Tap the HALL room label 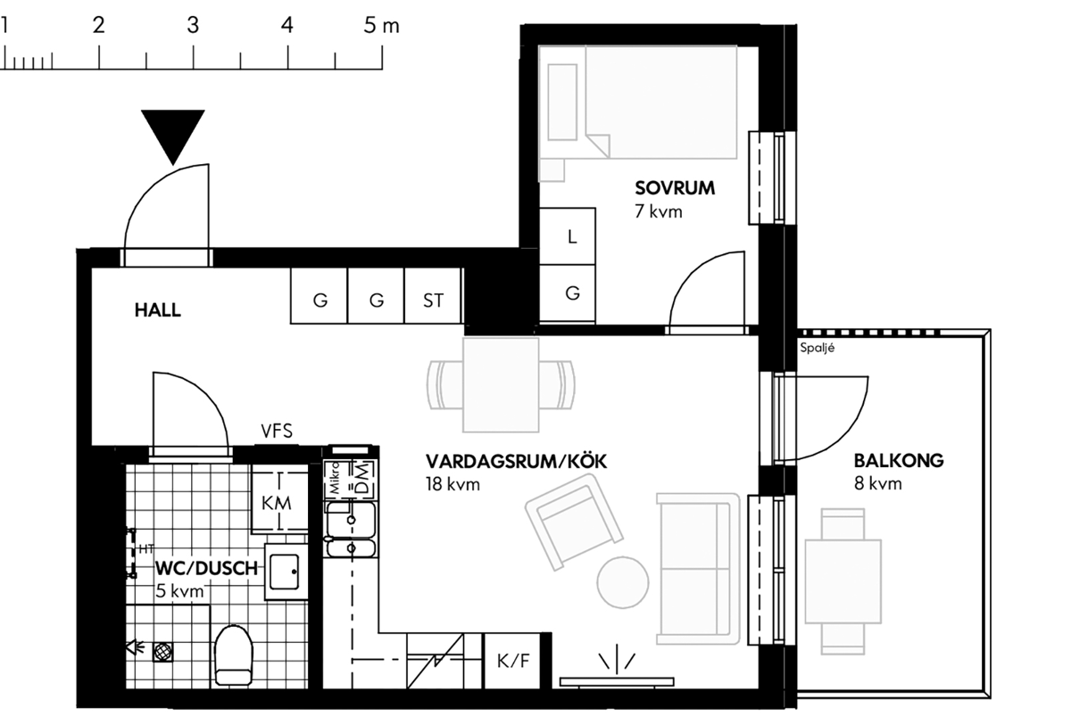[158, 310]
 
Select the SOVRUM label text [675, 188]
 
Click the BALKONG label [899, 461]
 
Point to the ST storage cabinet [433, 296]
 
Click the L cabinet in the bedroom [568, 236]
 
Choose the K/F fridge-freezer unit [512, 661]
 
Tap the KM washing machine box [279, 502]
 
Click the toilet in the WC [234, 655]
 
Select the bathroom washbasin [286, 572]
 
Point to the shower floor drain [163, 652]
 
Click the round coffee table [623, 582]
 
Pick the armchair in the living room [574, 522]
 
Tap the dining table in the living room [501, 385]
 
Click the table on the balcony [843, 581]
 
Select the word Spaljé [818, 348]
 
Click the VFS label [277, 432]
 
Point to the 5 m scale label [381, 25]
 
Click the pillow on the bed [562, 103]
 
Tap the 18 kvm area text [452, 484]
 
